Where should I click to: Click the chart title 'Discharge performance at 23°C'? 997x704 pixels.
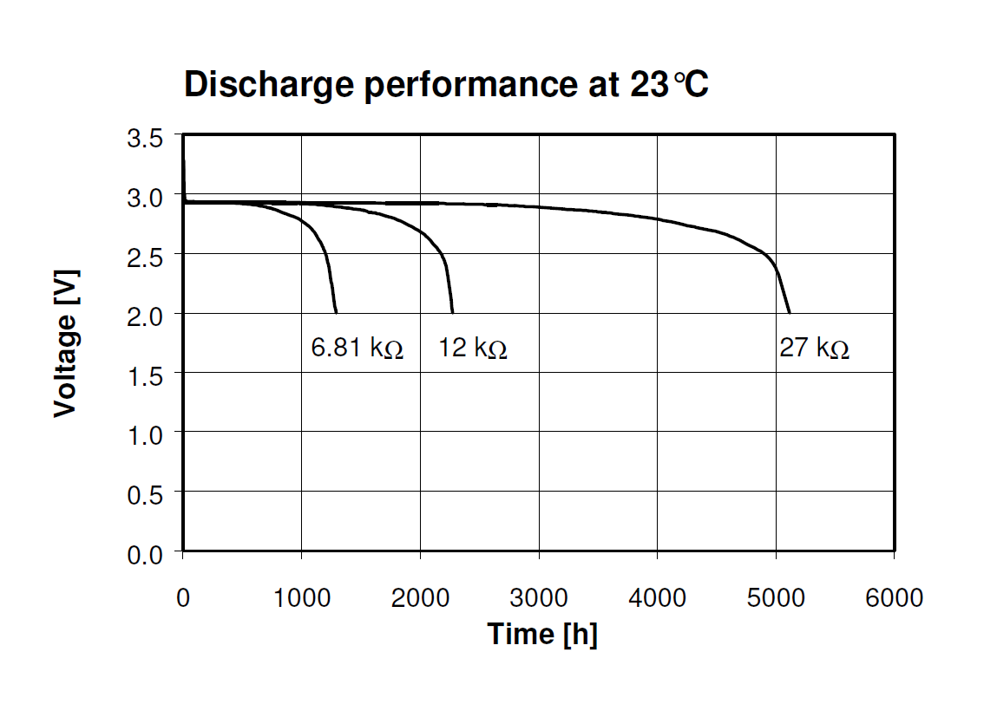(x=447, y=85)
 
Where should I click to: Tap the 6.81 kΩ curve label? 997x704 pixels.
(x=357, y=349)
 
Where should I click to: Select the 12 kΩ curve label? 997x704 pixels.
(x=473, y=349)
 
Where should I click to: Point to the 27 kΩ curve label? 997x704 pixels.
(x=814, y=349)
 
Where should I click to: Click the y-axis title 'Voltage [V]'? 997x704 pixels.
(x=66, y=342)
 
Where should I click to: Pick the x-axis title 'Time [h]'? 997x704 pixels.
(x=542, y=634)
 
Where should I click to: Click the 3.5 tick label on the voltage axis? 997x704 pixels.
(x=145, y=139)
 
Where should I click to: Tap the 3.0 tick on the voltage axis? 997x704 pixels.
(x=145, y=198)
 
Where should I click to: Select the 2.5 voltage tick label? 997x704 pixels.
(x=145, y=257)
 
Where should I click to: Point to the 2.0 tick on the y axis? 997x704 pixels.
(x=145, y=316)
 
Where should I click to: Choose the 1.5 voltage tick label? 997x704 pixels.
(x=145, y=375)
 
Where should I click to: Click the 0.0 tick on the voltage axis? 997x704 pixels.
(x=145, y=553)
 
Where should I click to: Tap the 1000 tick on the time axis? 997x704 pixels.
(x=302, y=597)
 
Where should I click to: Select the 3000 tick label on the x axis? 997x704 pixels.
(x=539, y=597)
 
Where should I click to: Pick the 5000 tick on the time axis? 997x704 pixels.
(x=776, y=597)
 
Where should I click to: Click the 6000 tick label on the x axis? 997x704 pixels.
(x=894, y=597)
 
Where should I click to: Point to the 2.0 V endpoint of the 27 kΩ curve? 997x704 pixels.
(x=789, y=312)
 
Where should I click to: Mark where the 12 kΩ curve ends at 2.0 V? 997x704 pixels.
(x=452, y=312)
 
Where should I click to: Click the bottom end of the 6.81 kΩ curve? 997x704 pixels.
(x=336, y=312)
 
